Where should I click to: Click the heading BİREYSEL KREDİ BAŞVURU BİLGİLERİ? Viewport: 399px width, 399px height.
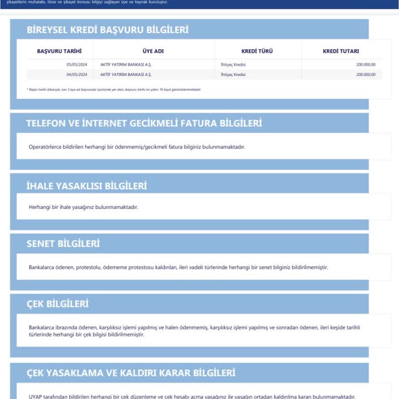[108, 30]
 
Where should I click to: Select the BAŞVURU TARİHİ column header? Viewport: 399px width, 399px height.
[59, 51]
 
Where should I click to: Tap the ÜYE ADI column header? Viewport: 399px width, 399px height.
[153, 51]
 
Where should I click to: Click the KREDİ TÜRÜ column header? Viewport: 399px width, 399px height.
[257, 51]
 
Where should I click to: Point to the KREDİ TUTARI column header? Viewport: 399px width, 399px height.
[341, 51]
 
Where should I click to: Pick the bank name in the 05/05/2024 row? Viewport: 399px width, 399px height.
[126, 64]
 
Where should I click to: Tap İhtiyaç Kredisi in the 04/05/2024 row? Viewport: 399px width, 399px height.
[233, 74]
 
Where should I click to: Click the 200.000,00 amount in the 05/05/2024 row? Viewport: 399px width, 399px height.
[366, 64]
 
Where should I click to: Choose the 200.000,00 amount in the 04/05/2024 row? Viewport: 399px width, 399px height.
[366, 74]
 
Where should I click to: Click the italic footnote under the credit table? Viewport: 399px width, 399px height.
[113, 89]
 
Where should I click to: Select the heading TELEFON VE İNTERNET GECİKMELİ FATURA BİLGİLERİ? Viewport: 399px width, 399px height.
[144, 123]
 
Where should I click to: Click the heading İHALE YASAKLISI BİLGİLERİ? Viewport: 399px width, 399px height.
[87, 185]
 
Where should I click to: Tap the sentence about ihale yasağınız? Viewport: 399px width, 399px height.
[83, 207]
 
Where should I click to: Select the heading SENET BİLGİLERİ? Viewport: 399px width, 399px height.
[63, 244]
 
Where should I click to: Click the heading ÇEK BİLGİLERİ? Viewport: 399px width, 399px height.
[58, 303]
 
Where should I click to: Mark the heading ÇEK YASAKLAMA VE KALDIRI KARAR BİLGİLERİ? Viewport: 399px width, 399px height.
[131, 373]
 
